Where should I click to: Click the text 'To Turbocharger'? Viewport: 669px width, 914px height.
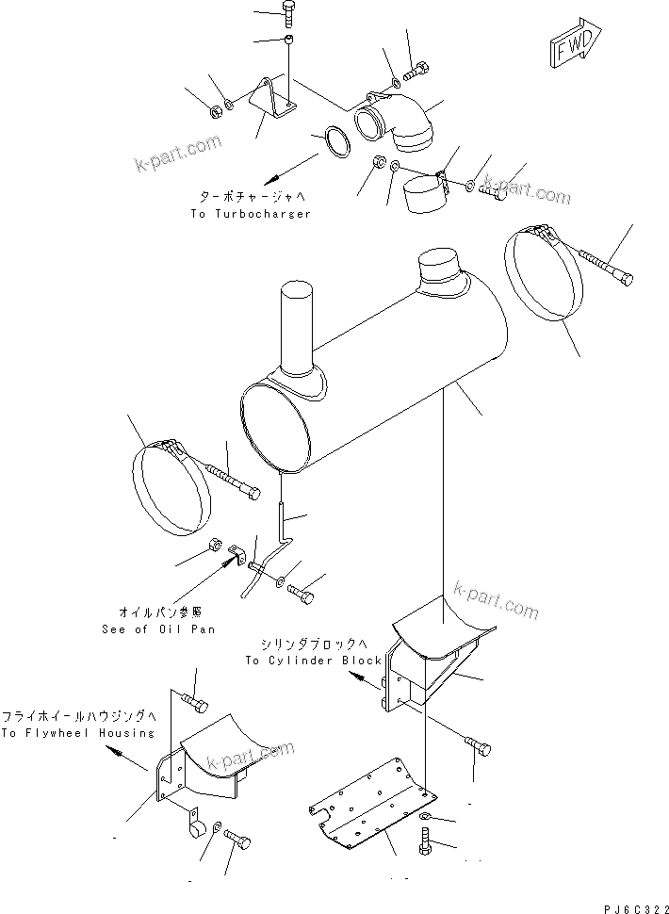coord(251,214)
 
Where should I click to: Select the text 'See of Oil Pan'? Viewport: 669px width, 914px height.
coord(156,629)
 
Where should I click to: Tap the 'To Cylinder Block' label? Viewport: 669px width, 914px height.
coord(313,661)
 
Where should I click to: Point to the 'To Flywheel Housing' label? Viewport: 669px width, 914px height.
coord(77,733)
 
